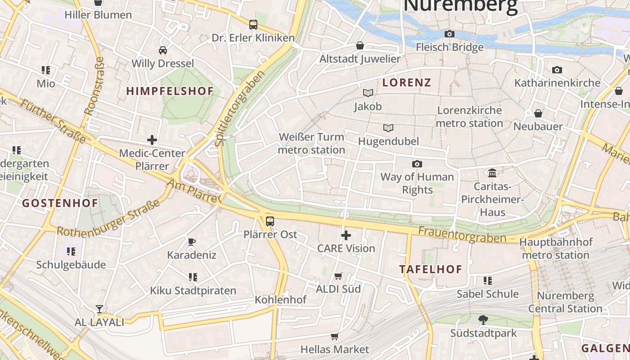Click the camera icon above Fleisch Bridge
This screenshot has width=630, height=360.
pyautogui.click(x=449, y=34)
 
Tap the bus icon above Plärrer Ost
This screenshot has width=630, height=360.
pyautogui.click(x=270, y=221)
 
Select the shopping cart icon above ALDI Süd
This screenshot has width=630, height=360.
pyautogui.click(x=338, y=276)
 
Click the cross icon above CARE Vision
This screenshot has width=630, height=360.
pyautogui.click(x=346, y=235)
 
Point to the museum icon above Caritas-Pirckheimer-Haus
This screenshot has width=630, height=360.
pyautogui.click(x=492, y=173)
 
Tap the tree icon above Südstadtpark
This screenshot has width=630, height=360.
pyautogui.click(x=483, y=320)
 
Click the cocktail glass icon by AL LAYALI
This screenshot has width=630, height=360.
pyautogui.click(x=99, y=309)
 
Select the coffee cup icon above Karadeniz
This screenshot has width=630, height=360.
pyautogui.click(x=192, y=242)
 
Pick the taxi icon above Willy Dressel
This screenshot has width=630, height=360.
pyautogui.click(x=163, y=50)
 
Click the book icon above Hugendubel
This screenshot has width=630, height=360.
pyautogui.click(x=388, y=128)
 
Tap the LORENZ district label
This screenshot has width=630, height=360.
pyautogui.click(x=407, y=82)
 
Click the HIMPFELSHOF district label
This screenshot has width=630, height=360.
pyautogui.click(x=170, y=91)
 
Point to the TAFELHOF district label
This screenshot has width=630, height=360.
pyautogui.click(x=431, y=269)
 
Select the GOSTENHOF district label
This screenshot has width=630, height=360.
pyautogui.click(x=60, y=203)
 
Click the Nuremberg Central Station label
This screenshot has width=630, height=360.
pyautogui.click(x=565, y=302)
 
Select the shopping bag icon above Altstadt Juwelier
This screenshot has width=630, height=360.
pyautogui.click(x=360, y=46)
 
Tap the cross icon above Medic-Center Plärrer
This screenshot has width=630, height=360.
pyautogui.click(x=152, y=140)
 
